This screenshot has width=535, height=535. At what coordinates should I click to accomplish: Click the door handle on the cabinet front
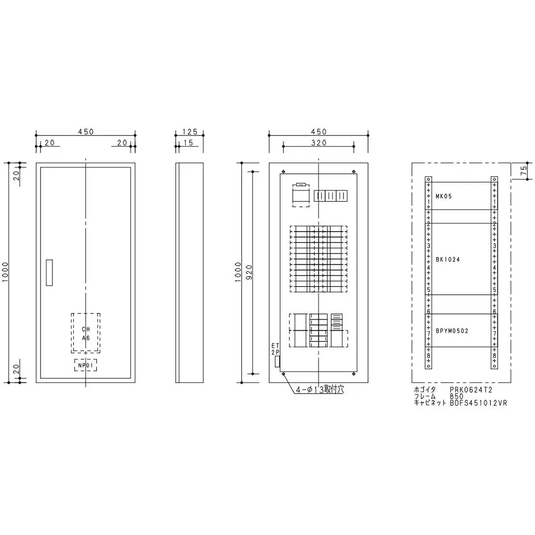pos(50,273)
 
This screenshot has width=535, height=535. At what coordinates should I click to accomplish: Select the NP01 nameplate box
pos(86,365)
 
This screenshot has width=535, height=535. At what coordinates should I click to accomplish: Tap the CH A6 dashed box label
pos(86,333)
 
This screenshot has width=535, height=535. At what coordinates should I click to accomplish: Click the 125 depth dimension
pos(189,132)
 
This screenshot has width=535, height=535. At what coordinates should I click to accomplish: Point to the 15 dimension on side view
pos(188,142)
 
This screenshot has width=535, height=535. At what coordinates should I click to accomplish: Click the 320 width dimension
pos(318,142)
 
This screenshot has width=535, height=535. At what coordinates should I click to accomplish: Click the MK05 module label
pos(444,196)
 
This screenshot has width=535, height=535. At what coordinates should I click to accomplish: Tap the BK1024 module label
pos(448,259)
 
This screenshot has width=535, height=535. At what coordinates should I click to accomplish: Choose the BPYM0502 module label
pos(452,331)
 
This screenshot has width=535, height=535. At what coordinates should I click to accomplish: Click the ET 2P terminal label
pos(276,350)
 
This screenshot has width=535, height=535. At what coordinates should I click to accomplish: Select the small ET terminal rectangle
pos(277,362)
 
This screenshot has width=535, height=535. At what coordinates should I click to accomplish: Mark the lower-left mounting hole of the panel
pos(283,374)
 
